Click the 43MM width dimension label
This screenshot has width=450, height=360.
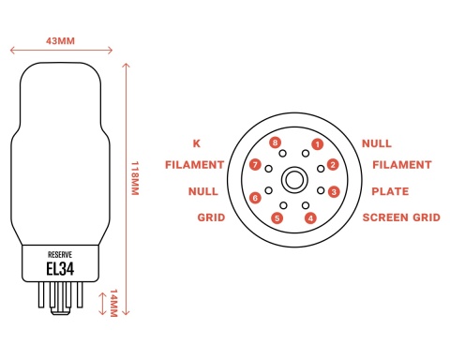(60, 41)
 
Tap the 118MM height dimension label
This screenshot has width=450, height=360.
(135, 178)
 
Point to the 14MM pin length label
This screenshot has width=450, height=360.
(113, 303)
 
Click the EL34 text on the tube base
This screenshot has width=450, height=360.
(60, 269)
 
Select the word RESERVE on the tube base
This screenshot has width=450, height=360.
(60, 254)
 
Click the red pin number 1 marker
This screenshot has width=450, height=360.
(318, 144)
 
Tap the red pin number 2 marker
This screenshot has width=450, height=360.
(333, 165)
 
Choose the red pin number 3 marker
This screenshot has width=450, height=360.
(334, 191)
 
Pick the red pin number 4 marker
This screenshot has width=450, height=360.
(310, 218)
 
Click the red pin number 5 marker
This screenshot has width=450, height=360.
(277, 218)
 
